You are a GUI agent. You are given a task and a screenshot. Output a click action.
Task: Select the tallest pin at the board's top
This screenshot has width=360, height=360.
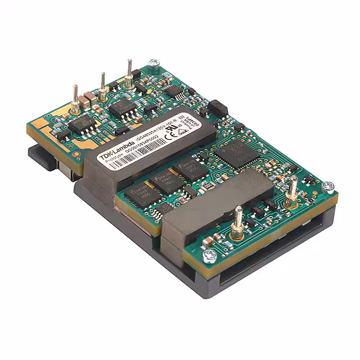tap(129, 73)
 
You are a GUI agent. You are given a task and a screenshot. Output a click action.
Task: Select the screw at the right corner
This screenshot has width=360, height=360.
tap(329, 186)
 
